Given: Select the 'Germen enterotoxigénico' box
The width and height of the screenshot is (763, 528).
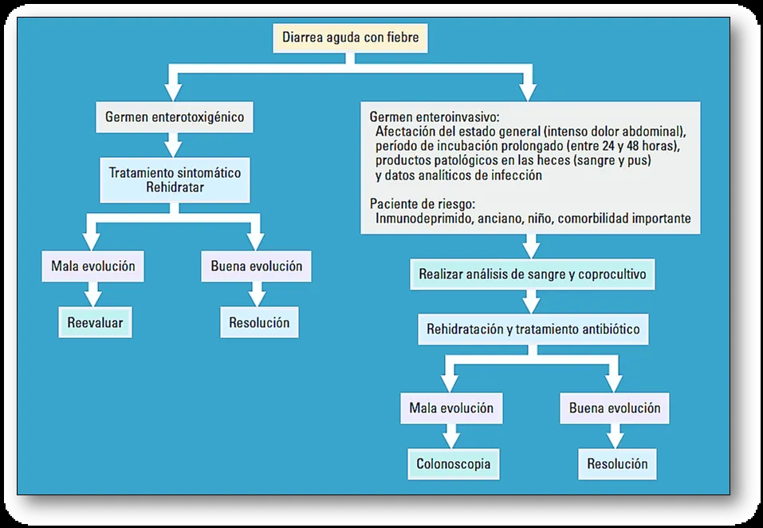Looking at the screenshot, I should [174, 117].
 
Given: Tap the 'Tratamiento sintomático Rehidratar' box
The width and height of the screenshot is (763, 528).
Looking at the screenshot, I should [174, 180].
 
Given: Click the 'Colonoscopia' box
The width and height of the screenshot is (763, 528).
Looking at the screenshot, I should [453, 463].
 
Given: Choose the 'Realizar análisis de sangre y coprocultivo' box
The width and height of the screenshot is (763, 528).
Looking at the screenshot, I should [531, 274].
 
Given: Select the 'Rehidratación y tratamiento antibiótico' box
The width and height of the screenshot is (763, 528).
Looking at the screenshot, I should [532, 328].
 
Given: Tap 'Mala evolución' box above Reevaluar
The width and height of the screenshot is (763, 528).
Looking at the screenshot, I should [92, 266].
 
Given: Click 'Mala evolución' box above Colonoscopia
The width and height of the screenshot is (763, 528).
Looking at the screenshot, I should [450, 408].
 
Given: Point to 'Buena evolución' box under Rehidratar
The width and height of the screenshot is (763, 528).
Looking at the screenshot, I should [256, 266].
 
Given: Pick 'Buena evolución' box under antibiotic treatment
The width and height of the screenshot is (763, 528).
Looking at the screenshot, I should [614, 408].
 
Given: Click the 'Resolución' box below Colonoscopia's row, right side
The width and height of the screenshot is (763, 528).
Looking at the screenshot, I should [617, 463].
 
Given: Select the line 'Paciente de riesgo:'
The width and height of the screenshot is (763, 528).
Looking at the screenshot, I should [422, 203].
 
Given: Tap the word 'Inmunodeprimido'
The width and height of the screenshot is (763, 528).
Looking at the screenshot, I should [423, 218].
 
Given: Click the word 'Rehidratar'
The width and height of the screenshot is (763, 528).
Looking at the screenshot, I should [175, 188].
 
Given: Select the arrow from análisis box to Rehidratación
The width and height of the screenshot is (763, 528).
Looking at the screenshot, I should [531, 301].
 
